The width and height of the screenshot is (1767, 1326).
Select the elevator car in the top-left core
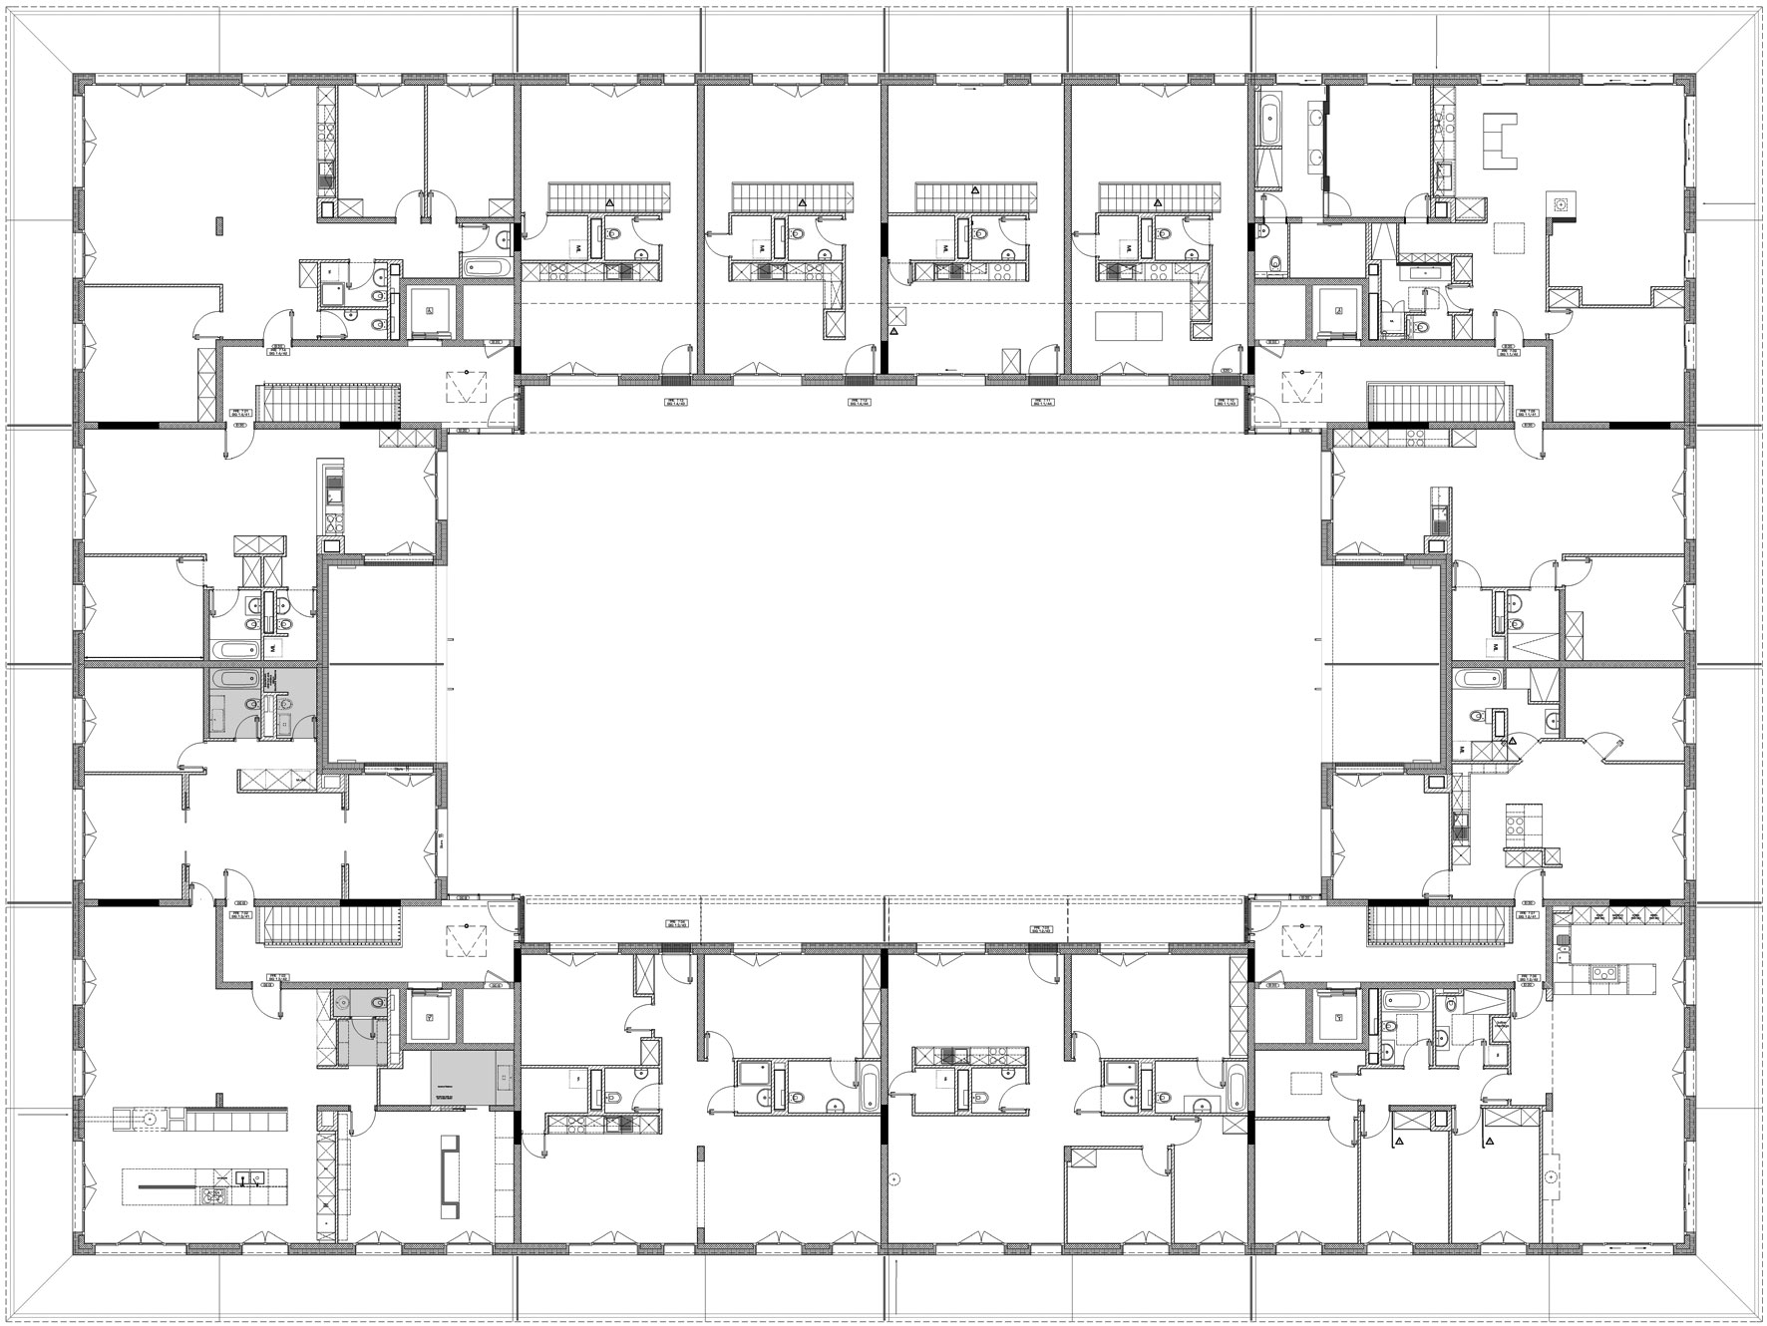[x=430, y=311]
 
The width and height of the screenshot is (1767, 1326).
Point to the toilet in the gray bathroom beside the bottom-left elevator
[x=377, y=1002]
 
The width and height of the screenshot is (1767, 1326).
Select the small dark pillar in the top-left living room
[x=217, y=224]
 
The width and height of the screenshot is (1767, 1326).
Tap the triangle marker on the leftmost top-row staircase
[x=608, y=202]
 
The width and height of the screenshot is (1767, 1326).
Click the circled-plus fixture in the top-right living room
[x=1561, y=202]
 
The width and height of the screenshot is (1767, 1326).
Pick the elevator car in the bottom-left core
[x=430, y=1017]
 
